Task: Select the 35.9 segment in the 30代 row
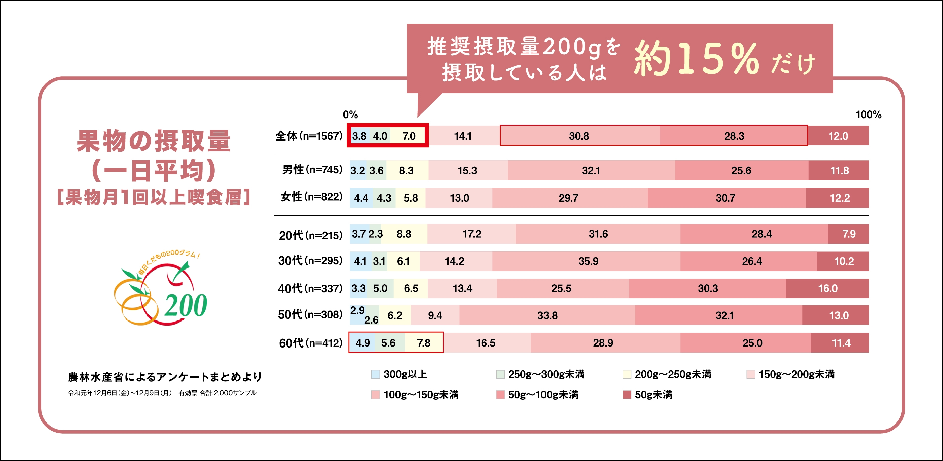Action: (x=588, y=261)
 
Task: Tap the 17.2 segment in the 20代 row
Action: (x=472, y=234)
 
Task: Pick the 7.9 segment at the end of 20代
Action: (x=848, y=234)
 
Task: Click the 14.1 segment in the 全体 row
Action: (x=463, y=136)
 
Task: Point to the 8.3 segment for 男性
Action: (x=406, y=170)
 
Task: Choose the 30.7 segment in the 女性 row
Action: (x=726, y=198)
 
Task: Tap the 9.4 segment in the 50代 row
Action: (x=435, y=315)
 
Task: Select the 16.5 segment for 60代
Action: (x=486, y=343)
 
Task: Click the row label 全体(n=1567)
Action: (x=309, y=136)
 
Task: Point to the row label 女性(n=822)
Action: (x=311, y=197)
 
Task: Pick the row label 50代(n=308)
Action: (x=310, y=315)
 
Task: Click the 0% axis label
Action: (x=350, y=114)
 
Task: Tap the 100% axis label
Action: (x=868, y=114)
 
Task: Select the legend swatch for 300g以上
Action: (x=375, y=374)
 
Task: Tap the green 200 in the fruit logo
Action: (x=186, y=305)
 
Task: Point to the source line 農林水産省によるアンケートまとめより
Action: (x=165, y=377)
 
